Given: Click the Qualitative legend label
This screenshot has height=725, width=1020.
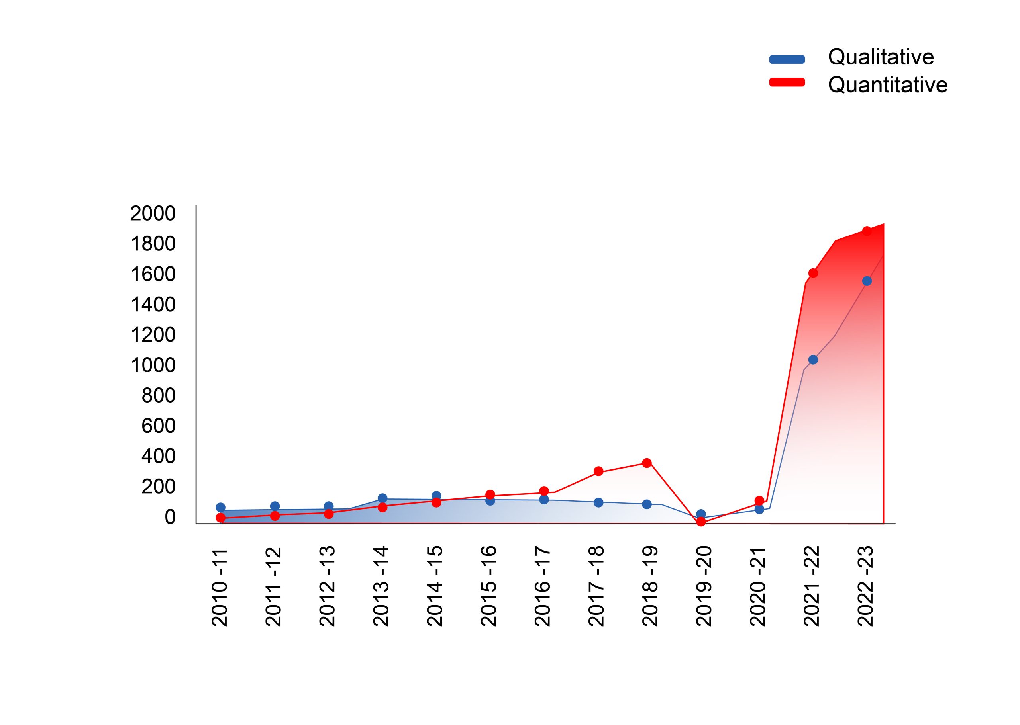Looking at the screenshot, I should coord(881,57).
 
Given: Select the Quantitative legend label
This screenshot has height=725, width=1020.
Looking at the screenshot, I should coord(887,85).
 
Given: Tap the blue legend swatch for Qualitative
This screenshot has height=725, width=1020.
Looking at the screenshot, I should coord(787,59).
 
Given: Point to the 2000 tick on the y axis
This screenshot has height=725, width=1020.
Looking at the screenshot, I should coord(153,213).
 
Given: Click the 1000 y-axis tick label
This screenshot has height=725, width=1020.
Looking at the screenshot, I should coord(153,365).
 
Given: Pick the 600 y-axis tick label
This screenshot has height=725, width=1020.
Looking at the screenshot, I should coord(158,426).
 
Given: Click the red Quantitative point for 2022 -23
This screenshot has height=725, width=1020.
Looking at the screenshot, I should coord(867,231).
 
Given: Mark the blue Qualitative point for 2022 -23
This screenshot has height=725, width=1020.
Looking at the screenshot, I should coord(867,281).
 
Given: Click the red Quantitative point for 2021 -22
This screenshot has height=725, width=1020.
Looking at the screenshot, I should coord(813,273).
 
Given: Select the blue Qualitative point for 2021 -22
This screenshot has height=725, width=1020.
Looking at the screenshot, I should coord(813,360).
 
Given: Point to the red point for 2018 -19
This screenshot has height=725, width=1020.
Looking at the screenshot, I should coord(647,463).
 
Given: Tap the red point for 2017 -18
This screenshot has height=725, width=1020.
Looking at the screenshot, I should coord(599,471).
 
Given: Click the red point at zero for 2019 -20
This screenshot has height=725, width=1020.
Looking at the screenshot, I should coord(701,522).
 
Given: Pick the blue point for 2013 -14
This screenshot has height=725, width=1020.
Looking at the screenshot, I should coord(382,498).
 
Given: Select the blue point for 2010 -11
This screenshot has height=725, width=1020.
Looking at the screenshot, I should coord(220,507).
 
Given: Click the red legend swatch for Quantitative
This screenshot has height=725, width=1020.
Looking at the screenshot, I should coord(787,82).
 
